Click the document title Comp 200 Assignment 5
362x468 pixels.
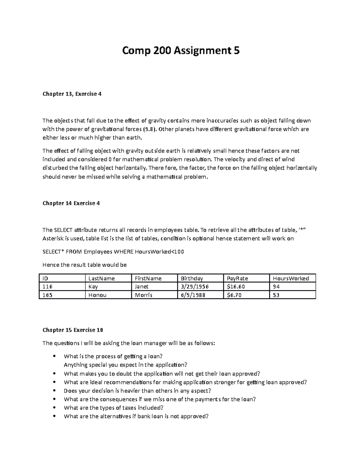click(181, 51)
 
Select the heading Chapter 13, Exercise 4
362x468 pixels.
click(72, 94)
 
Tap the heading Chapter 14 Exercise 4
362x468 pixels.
click(71, 203)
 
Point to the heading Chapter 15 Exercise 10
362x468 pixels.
click(73, 330)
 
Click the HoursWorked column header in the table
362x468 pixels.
click(291, 278)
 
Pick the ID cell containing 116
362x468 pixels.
click(47, 287)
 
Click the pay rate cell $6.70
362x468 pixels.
click(234, 295)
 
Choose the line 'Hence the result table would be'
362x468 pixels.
click(84, 265)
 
